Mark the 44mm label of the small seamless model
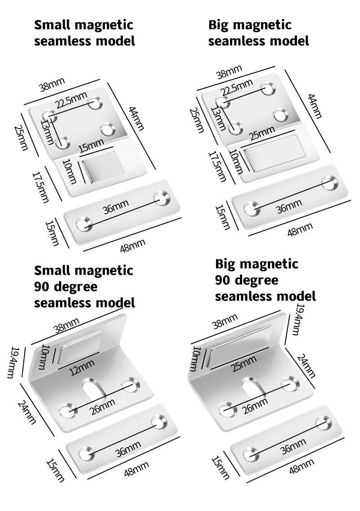[136, 118]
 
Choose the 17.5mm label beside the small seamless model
[41, 185]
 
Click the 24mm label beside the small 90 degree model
[27, 412]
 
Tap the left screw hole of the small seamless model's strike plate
[82, 223]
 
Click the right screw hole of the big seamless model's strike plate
[330, 182]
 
